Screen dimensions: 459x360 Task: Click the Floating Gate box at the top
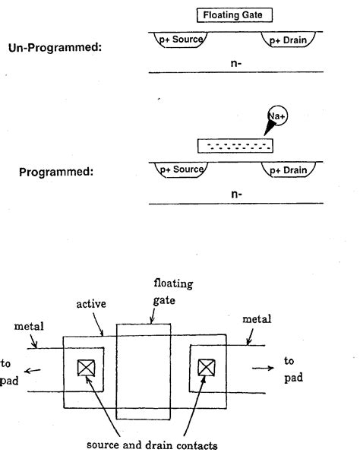(x=233, y=14)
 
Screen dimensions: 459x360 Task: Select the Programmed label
(x=55, y=172)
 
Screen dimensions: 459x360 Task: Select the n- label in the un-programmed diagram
(x=236, y=63)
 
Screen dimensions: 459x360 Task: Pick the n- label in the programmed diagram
(x=236, y=195)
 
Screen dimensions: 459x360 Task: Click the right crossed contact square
(x=205, y=368)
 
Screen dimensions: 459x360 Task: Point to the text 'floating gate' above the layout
(x=171, y=292)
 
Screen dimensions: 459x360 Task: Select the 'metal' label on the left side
(x=29, y=326)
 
